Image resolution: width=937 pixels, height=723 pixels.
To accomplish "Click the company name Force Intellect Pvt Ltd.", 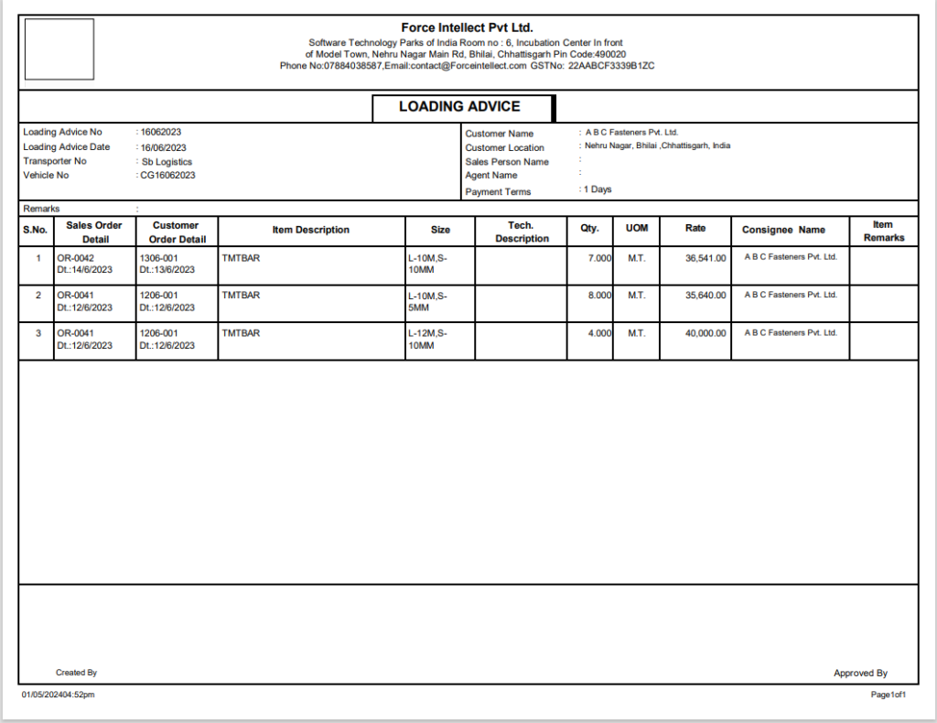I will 467,27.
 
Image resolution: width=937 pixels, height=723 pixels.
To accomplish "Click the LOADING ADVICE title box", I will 461,107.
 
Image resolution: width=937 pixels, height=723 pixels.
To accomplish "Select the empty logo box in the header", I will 59,49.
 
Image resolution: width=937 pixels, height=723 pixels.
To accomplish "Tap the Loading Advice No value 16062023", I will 161,132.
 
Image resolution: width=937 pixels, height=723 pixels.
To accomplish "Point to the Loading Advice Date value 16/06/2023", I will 164,147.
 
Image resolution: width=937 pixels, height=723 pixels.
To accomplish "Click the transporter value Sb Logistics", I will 167,161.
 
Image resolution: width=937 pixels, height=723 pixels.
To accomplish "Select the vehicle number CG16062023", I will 167,175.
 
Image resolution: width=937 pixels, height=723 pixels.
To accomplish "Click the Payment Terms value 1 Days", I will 598,189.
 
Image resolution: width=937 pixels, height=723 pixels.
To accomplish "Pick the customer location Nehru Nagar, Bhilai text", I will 657,146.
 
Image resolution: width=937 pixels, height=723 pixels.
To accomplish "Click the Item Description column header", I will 311,230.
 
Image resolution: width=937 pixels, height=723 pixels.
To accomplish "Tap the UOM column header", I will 636,228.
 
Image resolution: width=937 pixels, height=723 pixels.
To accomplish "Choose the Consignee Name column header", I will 783,230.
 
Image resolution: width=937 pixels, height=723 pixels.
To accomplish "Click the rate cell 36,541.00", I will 705,258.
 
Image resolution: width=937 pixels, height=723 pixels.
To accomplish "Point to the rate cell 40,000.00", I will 705,333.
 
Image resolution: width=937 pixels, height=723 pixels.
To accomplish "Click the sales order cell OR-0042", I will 76,258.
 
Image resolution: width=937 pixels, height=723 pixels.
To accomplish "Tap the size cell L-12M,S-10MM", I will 428,340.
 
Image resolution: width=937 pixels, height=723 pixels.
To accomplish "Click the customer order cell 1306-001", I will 159,258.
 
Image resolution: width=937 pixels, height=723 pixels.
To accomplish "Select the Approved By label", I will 860,674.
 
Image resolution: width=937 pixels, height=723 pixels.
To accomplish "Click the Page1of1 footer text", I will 889,696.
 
